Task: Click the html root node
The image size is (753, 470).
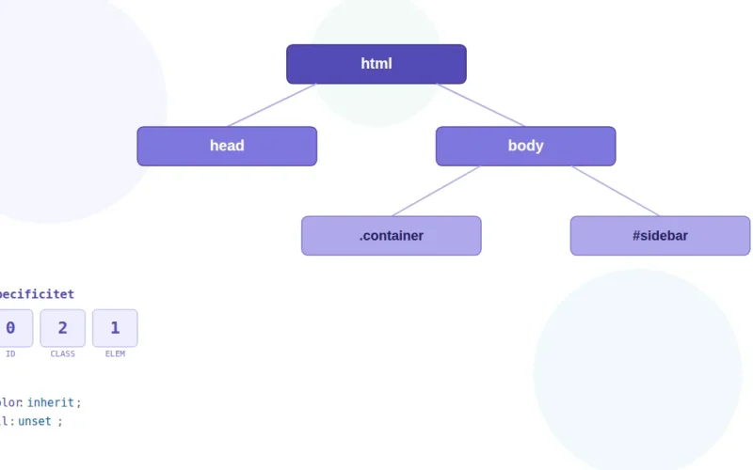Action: click(x=376, y=64)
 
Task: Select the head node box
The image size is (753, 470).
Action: click(x=227, y=146)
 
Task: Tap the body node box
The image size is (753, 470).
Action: click(x=525, y=146)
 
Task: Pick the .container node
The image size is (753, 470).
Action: click(x=391, y=236)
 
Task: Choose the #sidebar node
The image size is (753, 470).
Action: click(x=660, y=236)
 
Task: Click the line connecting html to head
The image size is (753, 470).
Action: click(x=271, y=105)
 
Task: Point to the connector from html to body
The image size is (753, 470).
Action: click(x=481, y=105)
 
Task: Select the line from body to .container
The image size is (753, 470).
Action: click(x=436, y=191)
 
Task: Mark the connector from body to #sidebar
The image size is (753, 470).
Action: click(x=616, y=191)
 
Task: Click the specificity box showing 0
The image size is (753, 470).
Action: click(x=12, y=328)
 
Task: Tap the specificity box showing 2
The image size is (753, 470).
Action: click(x=63, y=328)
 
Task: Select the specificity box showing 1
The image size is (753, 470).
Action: click(x=115, y=328)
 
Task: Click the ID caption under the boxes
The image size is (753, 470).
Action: click(x=10, y=354)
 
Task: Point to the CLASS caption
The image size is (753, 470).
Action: click(x=63, y=354)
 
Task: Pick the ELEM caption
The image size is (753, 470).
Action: click(x=115, y=354)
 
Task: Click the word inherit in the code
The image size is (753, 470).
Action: click(x=50, y=403)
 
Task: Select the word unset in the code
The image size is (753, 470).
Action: click(x=35, y=422)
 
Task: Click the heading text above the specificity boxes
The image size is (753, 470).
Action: click(x=36, y=295)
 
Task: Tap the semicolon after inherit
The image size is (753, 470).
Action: click(x=79, y=403)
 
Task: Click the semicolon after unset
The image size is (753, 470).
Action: click(x=60, y=422)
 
